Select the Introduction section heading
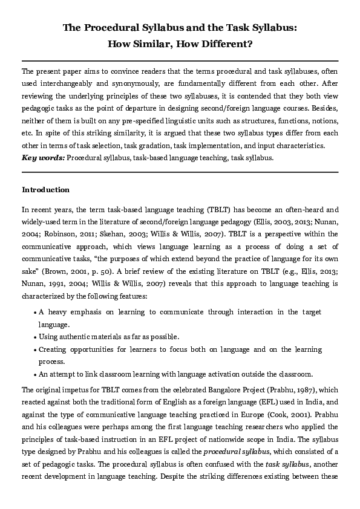click(x=46, y=190)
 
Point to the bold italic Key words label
click(x=43, y=157)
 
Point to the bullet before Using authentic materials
click(x=35, y=337)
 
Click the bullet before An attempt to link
click(x=35, y=374)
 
